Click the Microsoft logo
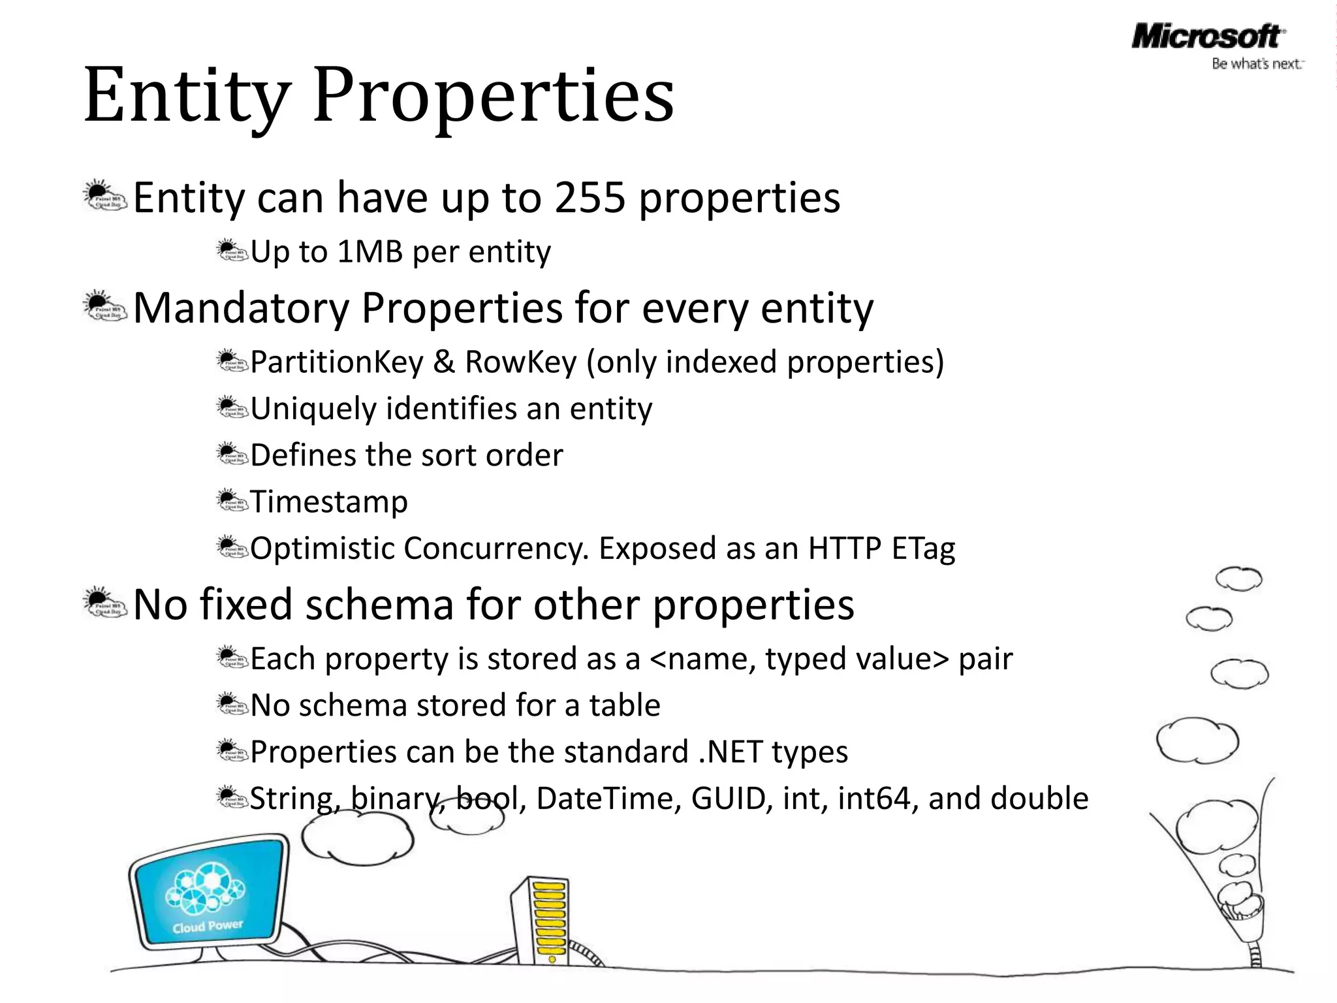click(x=1206, y=37)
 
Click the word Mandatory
click(x=242, y=308)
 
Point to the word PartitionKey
click(x=337, y=362)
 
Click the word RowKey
click(x=521, y=362)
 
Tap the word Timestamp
click(x=329, y=502)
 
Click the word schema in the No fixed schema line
click(x=379, y=605)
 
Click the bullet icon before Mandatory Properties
click(x=104, y=307)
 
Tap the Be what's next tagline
click(x=1257, y=64)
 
